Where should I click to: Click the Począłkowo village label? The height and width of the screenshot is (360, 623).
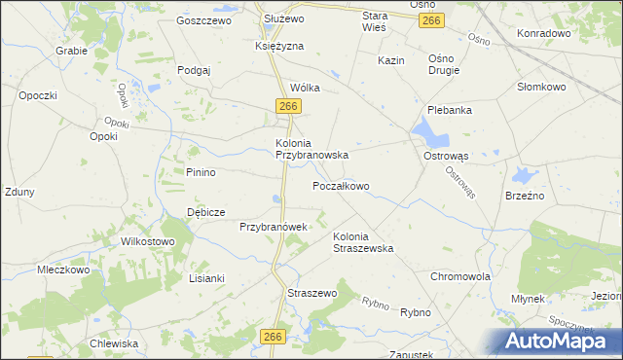(x=340, y=186)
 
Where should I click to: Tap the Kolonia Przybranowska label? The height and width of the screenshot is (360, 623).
(x=311, y=148)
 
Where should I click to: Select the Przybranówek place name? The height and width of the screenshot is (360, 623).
(x=274, y=227)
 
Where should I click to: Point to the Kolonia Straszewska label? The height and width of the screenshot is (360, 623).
(x=363, y=242)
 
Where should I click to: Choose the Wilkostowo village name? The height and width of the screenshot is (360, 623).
(x=146, y=241)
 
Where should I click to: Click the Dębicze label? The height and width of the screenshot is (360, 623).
(x=206, y=212)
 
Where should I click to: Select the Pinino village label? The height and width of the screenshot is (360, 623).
(x=201, y=172)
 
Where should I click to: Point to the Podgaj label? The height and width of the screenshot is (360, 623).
(x=195, y=70)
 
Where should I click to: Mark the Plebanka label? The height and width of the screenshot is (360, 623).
(x=450, y=110)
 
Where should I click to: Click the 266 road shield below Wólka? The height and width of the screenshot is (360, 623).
(x=286, y=105)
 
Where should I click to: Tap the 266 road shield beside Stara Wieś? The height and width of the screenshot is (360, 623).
(x=434, y=20)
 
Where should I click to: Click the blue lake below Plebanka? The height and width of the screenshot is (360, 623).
(x=426, y=131)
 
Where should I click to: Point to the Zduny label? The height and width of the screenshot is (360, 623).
(x=19, y=192)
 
